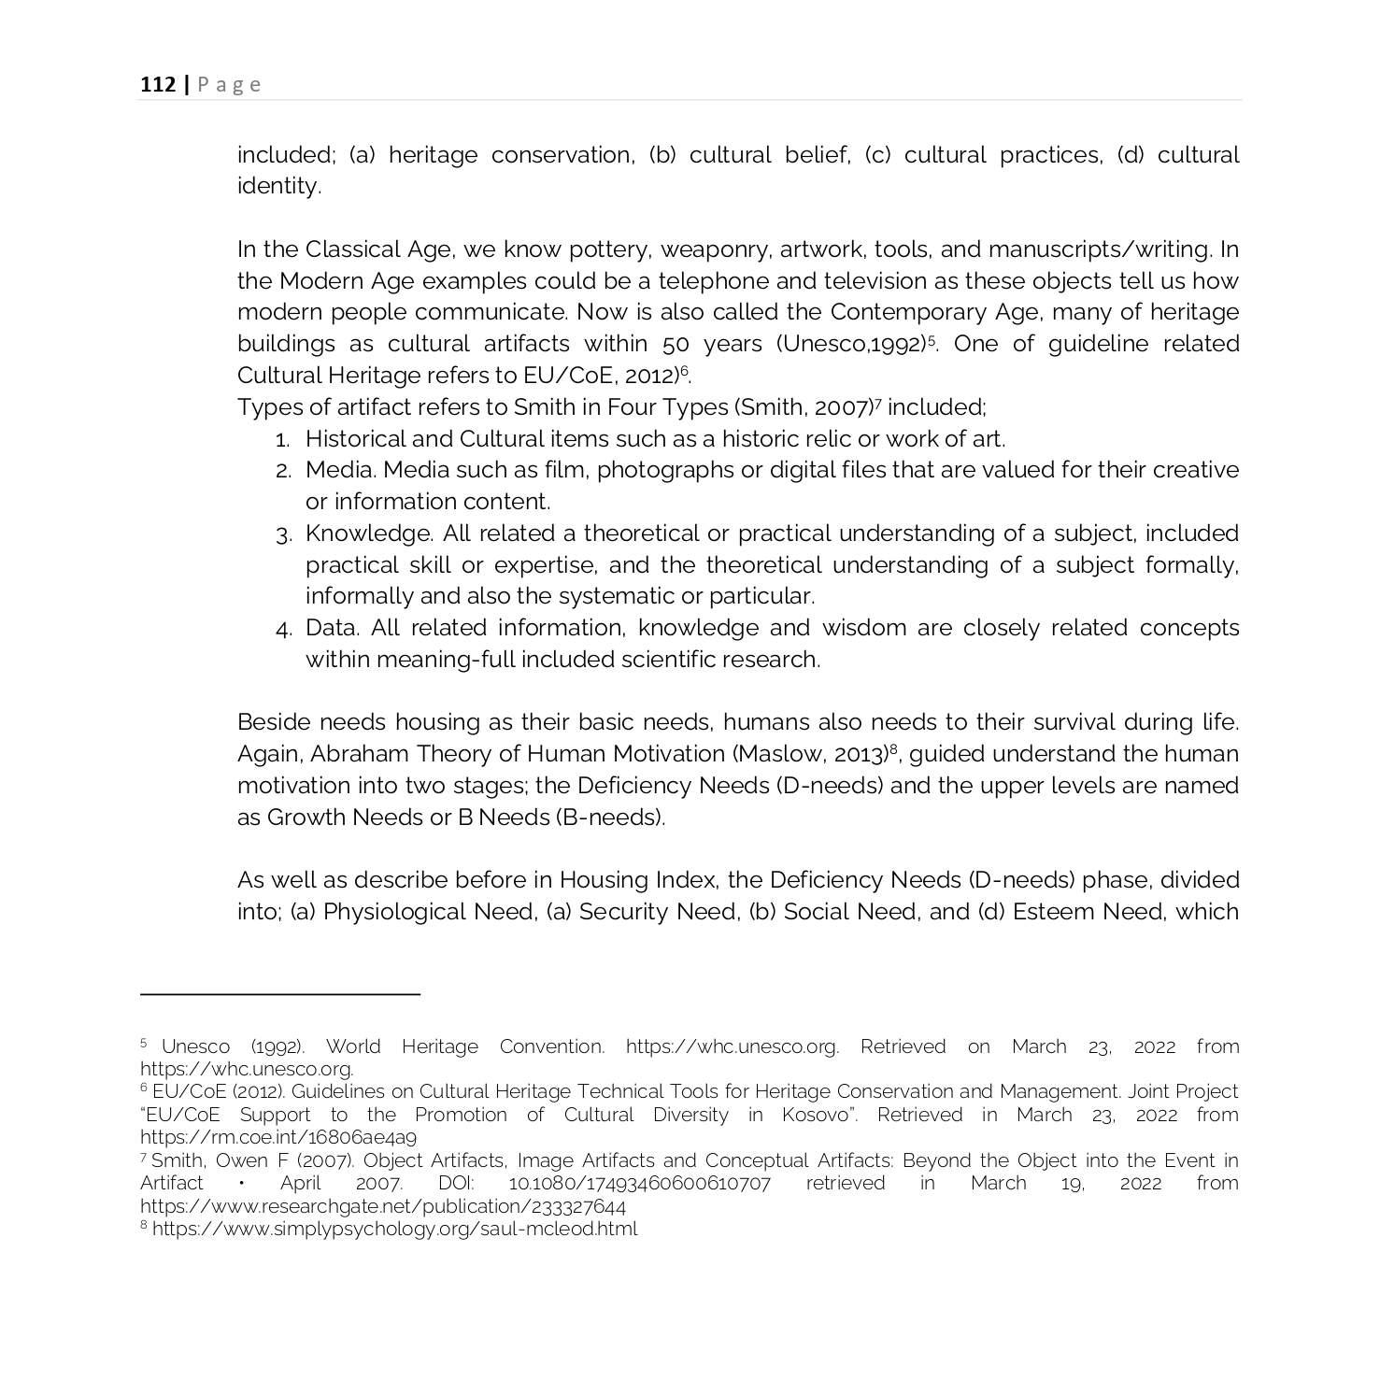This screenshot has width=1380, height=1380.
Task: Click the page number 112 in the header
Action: pyautogui.click(x=158, y=85)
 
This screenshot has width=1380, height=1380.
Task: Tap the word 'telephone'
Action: pyautogui.click(x=712, y=281)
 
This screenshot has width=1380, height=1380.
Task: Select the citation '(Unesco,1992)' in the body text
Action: pyautogui.click(x=849, y=344)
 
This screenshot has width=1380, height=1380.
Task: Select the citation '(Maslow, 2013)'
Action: pyautogui.click(x=808, y=754)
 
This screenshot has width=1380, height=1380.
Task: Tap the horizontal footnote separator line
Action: pyautogui.click(x=279, y=994)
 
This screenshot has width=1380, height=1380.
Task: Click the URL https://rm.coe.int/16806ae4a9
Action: pyautogui.click(x=277, y=1138)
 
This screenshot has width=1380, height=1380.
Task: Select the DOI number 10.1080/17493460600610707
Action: pyautogui.click(x=639, y=1184)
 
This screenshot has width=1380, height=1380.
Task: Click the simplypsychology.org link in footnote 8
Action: pyautogui.click(x=394, y=1230)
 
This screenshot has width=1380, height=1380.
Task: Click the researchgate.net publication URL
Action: pyautogui.click(x=382, y=1206)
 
